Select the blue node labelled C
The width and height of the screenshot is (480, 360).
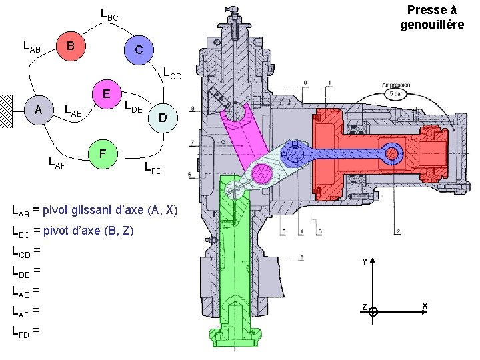coord(137,50)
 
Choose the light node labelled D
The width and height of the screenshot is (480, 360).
coord(162,118)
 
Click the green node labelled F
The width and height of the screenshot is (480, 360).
coord(102,153)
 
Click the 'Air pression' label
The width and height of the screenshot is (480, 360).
coord(397,85)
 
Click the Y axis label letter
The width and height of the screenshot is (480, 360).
coord(365,263)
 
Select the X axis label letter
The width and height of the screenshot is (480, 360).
coord(424,306)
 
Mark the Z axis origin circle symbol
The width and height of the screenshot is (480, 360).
coord(373,311)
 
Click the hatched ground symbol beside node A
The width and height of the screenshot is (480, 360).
coord(7,110)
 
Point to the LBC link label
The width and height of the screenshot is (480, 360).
coord(109,13)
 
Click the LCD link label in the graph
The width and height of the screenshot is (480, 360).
coord(172,72)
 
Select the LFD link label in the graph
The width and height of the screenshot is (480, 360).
coord(153,167)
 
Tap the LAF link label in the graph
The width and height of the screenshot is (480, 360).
coord(57,160)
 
